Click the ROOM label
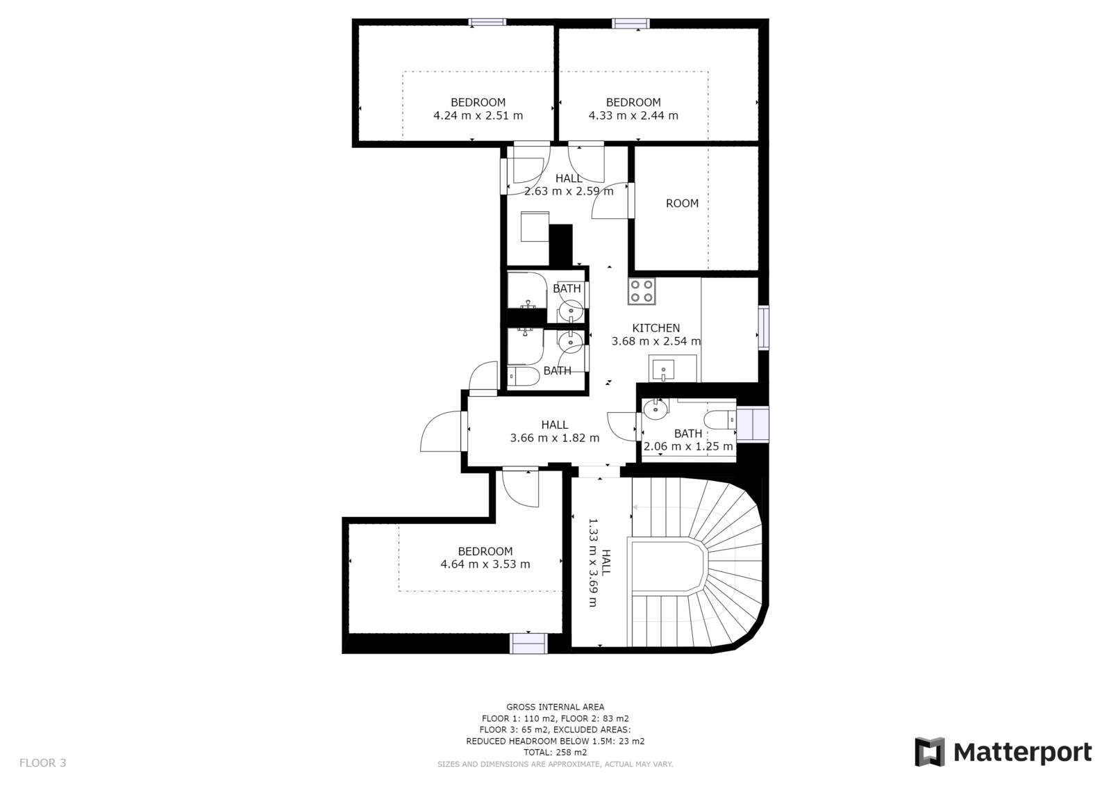[682, 203]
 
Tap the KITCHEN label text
[655, 328]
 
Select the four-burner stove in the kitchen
[642, 291]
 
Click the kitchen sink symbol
[662, 369]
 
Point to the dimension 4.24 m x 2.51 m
[478, 115]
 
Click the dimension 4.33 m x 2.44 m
[633, 115]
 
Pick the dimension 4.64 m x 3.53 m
[485, 564]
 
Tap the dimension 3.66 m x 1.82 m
[555, 438]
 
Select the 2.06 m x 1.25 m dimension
[688, 446]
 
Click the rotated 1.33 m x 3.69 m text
[593, 562]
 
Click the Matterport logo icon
[930, 752]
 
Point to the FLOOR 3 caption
[42, 762]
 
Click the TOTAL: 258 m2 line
[555, 752]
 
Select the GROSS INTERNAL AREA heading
[555, 707]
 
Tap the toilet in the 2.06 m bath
[720, 420]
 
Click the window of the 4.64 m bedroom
[528, 644]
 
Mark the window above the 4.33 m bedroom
[630, 24]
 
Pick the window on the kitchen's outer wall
[764, 328]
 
